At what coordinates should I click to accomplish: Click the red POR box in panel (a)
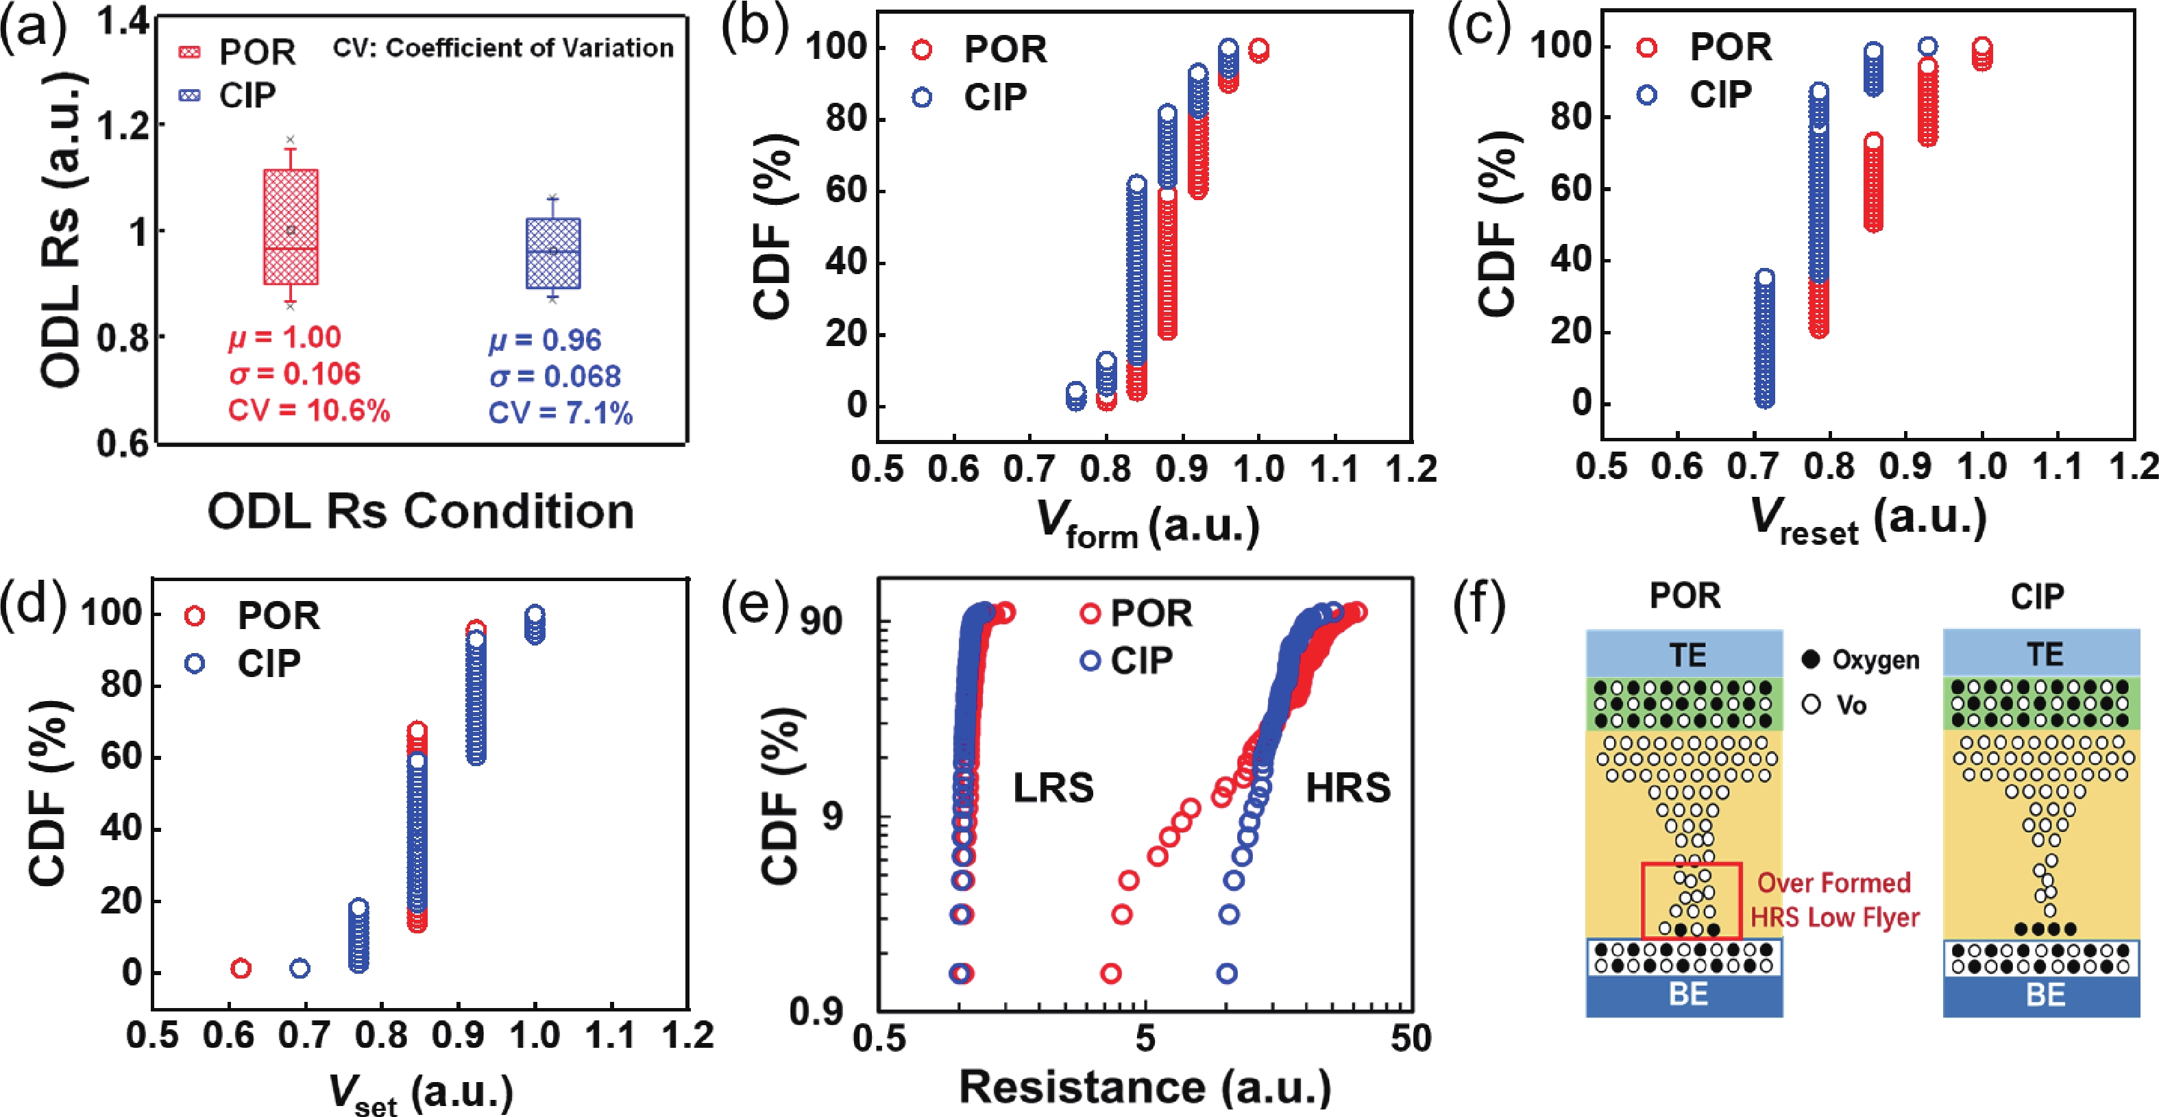tap(291, 226)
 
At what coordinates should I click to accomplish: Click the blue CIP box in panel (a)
tap(553, 253)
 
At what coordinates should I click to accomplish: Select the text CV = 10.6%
tap(309, 410)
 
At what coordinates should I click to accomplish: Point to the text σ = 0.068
tap(555, 376)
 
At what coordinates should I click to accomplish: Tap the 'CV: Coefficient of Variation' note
tap(503, 48)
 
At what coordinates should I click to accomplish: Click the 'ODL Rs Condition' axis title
tap(421, 512)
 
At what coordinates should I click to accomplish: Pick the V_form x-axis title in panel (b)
tap(1147, 524)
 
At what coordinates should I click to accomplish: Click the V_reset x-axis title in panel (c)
tap(1869, 521)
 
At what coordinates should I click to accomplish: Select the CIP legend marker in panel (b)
tap(922, 98)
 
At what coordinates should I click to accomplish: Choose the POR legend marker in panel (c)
tap(1647, 48)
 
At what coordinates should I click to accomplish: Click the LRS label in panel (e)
tap(1053, 787)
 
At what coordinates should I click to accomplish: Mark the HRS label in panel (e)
tap(1347, 787)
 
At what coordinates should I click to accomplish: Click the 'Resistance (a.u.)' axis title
tap(1144, 1087)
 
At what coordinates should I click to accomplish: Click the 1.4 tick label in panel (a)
tap(123, 23)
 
